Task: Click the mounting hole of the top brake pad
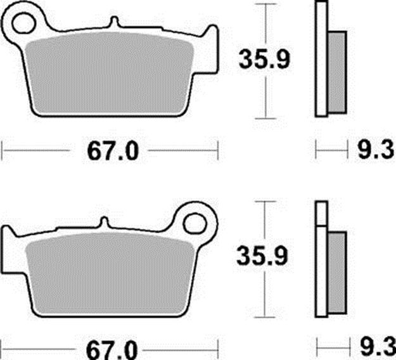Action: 23,23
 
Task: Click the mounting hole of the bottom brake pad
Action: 195,223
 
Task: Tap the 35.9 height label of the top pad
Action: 264,60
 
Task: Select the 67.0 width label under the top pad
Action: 113,151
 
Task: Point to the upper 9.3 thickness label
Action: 376,151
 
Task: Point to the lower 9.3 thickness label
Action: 378,350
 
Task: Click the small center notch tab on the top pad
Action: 115,22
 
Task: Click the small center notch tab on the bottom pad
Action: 104,222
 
